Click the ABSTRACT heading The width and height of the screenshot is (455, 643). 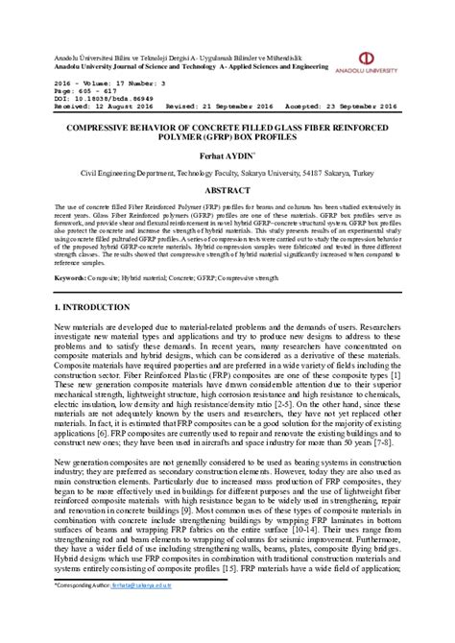coord(227,191)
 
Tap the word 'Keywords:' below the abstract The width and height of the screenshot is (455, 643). coord(72,276)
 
